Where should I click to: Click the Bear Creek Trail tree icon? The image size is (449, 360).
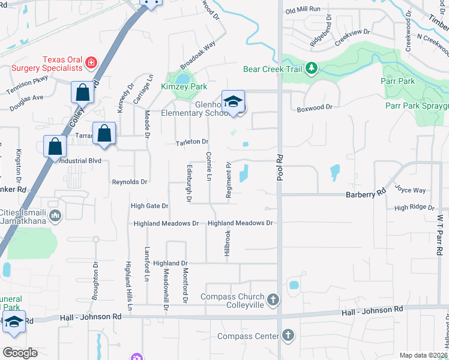[312, 68]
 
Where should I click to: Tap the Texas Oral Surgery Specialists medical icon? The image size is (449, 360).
[91, 62]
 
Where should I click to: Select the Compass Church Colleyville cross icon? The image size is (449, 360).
[273, 299]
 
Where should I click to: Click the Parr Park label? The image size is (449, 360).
[398, 81]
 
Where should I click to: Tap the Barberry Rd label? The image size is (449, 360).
[365, 194]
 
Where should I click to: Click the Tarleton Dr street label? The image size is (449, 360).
[192, 142]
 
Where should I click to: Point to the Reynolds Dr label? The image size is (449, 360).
[130, 181]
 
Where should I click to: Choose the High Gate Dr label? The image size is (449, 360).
[149, 206]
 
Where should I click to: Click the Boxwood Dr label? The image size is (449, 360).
[315, 107]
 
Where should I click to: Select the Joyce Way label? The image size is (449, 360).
[411, 190]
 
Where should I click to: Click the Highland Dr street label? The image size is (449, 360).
[170, 263]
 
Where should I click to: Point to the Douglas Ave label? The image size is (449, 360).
[26, 97]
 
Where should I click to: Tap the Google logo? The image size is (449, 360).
[20, 352]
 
